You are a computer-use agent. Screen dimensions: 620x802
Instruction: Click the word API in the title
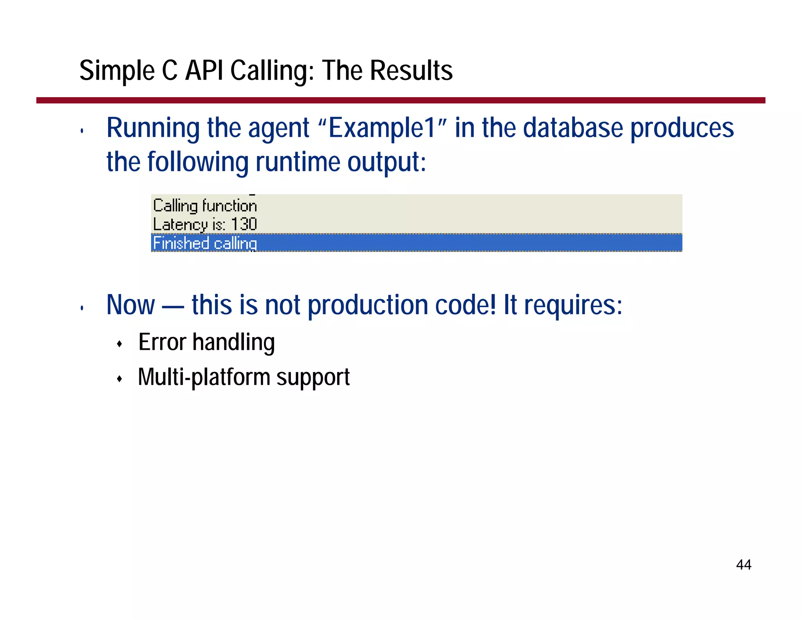[x=204, y=71]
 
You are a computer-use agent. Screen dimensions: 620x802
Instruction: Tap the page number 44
[x=743, y=565]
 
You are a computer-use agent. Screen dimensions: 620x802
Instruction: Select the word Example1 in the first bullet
[x=382, y=128]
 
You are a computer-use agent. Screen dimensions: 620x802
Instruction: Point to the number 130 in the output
[x=244, y=224]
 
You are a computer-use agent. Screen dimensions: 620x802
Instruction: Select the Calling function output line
[x=205, y=206]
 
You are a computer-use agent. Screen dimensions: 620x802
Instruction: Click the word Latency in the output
[x=180, y=224]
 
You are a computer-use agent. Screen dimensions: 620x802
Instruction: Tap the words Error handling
[x=206, y=342]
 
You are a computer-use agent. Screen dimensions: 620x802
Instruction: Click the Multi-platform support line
[x=244, y=377]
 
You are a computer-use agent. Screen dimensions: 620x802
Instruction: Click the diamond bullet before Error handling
[x=120, y=344]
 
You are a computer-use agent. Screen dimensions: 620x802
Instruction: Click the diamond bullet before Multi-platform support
[x=120, y=379]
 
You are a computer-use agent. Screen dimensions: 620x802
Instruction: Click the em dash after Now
[x=173, y=306]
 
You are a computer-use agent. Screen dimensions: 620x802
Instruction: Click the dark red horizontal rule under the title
[x=401, y=100]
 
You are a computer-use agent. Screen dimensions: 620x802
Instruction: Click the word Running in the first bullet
[x=153, y=128]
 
